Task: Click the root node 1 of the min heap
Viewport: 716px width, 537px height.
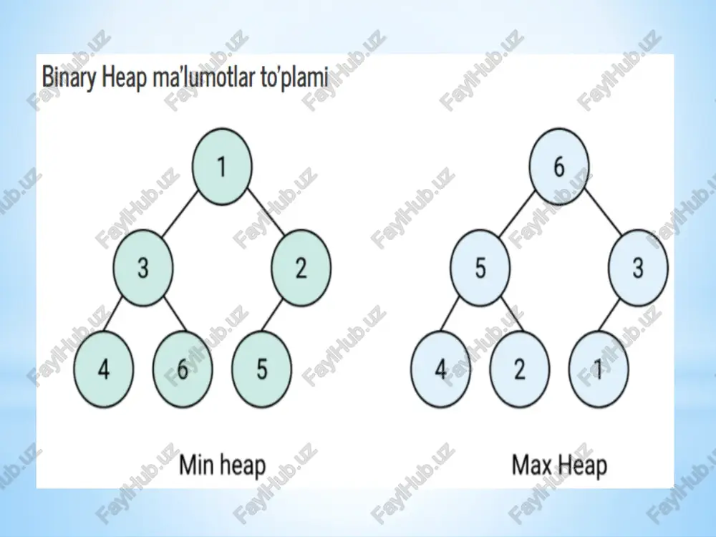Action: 222,167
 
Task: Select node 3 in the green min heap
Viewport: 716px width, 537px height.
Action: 143,268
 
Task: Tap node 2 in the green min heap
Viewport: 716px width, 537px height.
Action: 301,268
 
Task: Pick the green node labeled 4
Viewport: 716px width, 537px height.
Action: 104,369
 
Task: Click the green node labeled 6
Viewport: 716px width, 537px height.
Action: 183,369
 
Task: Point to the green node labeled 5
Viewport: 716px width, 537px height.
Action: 261,369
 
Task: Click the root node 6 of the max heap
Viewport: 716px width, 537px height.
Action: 559,167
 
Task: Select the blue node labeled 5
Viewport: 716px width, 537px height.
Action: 480,268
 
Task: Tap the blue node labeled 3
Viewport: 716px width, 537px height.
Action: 638,268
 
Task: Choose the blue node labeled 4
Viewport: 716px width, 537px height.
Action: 440,369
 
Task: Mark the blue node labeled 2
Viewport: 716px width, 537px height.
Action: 520,369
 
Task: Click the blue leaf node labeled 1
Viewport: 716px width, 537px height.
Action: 599,369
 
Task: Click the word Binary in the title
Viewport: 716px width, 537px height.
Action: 69,77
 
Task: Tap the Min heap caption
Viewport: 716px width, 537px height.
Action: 223,465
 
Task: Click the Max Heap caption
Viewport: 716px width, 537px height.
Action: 559,465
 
